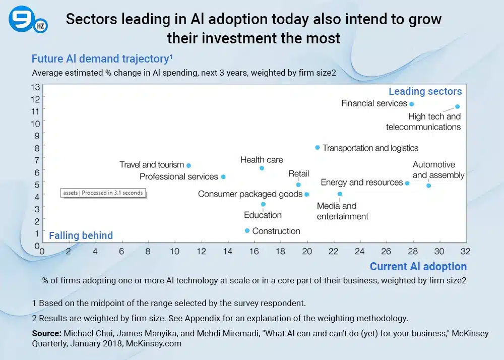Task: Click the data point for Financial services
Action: pyautogui.click(x=411, y=104)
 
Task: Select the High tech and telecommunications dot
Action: pyautogui.click(x=457, y=106)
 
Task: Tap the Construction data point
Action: pyautogui.click(x=247, y=230)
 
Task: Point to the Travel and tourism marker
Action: pyautogui.click(x=188, y=165)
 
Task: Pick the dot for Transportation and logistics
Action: pyautogui.click(x=317, y=147)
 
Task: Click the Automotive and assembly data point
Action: pyautogui.click(x=428, y=186)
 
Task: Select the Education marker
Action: pyautogui.click(x=263, y=204)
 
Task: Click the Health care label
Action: pyautogui.click(x=262, y=160)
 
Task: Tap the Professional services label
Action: pyautogui.click(x=178, y=176)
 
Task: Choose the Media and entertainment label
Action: pyautogui.click(x=342, y=211)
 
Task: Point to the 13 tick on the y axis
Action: pyautogui.click(x=36, y=86)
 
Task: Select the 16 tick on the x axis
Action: pyautogui.click(x=254, y=251)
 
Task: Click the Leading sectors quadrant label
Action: pyautogui.click(x=425, y=91)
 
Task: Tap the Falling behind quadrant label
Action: pyautogui.click(x=81, y=235)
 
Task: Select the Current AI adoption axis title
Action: pyautogui.click(x=418, y=266)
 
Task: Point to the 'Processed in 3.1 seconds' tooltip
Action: pyautogui.click(x=102, y=193)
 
